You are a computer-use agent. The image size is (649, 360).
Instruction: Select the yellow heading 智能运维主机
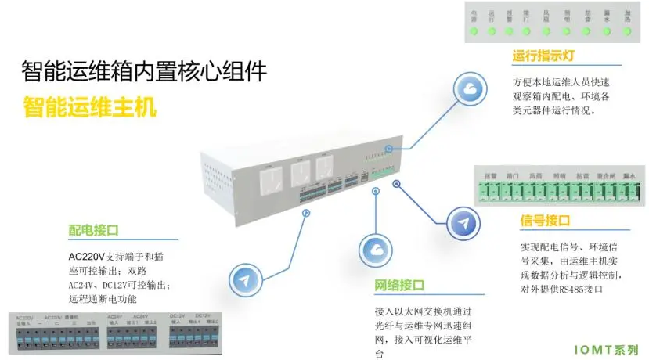[x=90, y=106]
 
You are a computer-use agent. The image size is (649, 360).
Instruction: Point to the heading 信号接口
[x=544, y=221]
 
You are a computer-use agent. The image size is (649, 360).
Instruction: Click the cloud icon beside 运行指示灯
[x=471, y=90]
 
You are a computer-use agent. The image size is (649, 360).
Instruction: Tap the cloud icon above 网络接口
[x=376, y=250]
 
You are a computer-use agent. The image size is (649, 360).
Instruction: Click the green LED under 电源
[x=473, y=32]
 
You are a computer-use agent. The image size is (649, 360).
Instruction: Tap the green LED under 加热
[x=626, y=32]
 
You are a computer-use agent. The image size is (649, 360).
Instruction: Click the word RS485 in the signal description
[x=584, y=289]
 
